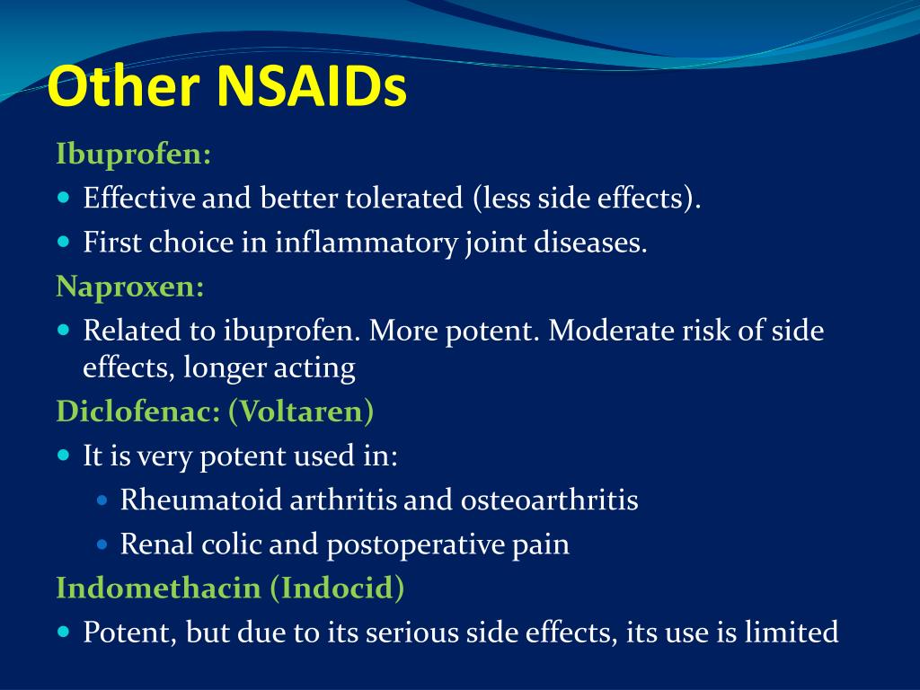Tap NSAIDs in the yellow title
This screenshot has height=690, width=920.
pyautogui.click(x=311, y=88)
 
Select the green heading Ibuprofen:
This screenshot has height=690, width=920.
pyautogui.click(x=134, y=155)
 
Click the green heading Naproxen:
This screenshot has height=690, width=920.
pyautogui.click(x=130, y=287)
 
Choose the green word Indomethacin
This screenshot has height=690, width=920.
pyautogui.click(x=158, y=588)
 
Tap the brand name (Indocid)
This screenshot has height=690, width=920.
pyautogui.click(x=338, y=588)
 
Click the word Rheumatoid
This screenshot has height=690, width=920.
pyautogui.click(x=201, y=500)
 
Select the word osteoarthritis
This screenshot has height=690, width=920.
pyautogui.click(x=549, y=500)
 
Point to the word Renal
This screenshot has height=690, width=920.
pyautogui.click(x=149, y=544)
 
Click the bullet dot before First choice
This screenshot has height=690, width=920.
pyautogui.click(x=63, y=242)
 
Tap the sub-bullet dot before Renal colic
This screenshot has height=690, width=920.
pyautogui.click(x=102, y=544)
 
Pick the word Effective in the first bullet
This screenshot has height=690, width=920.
pyautogui.click(x=139, y=199)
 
